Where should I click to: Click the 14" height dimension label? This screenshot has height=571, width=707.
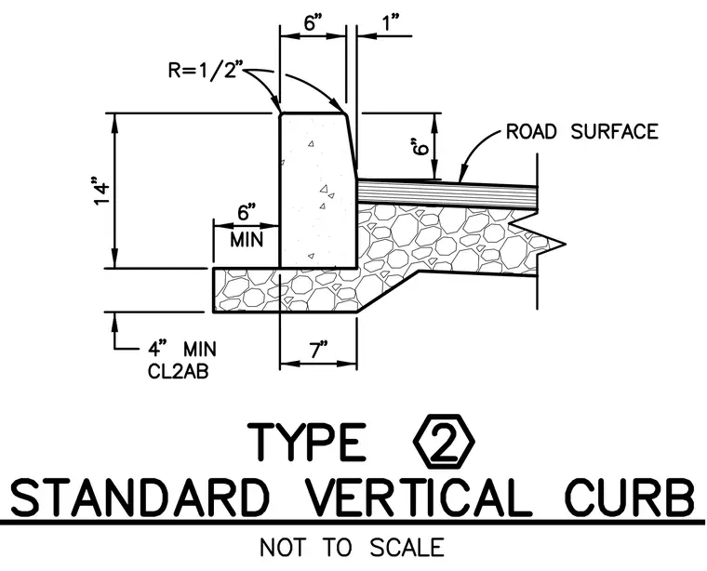(x=102, y=193)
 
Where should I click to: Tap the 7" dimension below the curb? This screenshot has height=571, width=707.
(x=318, y=351)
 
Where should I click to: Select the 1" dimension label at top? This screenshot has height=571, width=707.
(x=391, y=22)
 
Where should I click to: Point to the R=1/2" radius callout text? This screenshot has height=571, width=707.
(x=206, y=71)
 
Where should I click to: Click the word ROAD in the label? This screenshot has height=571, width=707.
(x=531, y=132)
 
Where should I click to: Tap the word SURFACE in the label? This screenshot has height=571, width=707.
(x=615, y=132)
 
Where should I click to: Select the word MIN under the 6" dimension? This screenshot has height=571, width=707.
(x=247, y=239)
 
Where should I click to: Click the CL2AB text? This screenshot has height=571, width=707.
(x=178, y=371)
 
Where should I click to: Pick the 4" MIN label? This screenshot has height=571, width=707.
(x=182, y=350)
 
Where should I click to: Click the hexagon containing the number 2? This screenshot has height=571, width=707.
(x=444, y=444)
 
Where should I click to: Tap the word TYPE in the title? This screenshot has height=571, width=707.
(x=307, y=442)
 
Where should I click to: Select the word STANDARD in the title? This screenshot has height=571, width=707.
(x=140, y=498)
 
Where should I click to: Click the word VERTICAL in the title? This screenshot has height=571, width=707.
(x=419, y=498)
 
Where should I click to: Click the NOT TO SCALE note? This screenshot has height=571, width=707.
(x=353, y=548)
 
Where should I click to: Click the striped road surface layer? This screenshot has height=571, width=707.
(x=447, y=194)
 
